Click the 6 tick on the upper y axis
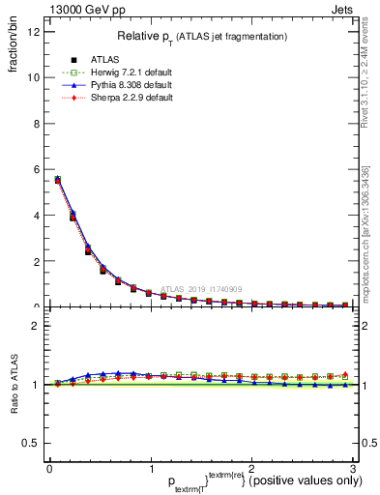click(36, 169)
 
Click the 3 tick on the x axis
click(353, 468)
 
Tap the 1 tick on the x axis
click(150, 468)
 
